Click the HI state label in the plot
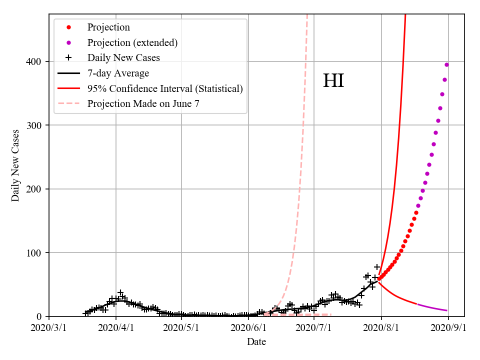(333, 81)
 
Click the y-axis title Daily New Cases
(15, 165)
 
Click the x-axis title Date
(256, 342)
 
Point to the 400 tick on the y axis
(34, 61)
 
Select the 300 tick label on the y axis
(34, 125)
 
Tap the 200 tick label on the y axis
(34, 189)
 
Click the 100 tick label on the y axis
(34, 252)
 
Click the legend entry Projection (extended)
(132, 42)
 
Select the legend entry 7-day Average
(118, 73)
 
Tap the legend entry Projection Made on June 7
(143, 104)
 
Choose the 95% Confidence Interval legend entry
(165, 89)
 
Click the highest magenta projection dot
(446, 64)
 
